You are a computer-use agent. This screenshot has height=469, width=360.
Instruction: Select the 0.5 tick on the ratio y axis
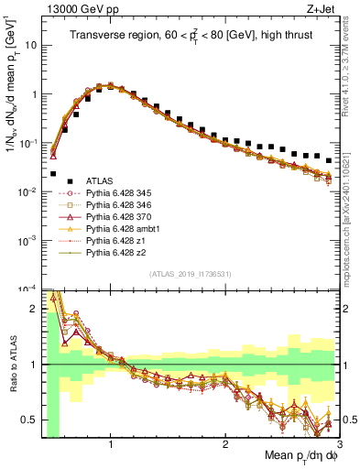click(x=29, y=420)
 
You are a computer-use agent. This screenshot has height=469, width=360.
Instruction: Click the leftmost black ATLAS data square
click(x=53, y=173)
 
